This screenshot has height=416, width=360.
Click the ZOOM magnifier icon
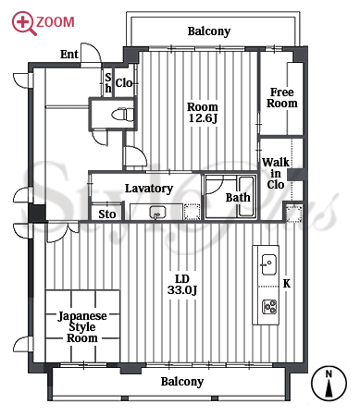(x=23, y=22)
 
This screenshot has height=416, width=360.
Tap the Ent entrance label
(x=69, y=55)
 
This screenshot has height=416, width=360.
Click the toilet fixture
(x=123, y=115)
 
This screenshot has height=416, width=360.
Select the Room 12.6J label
(x=203, y=112)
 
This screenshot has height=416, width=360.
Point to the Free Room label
(x=282, y=97)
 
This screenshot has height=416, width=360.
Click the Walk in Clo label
(x=276, y=173)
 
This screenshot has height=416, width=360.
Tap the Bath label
(x=238, y=198)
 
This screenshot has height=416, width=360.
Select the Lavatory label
(x=149, y=189)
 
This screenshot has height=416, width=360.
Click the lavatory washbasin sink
(x=157, y=213)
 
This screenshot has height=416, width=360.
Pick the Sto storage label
(x=107, y=214)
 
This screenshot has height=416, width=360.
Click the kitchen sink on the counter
(x=268, y=264)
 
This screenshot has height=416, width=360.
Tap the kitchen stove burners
(x=269, y=307)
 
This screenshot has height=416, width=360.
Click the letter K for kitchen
(x=287, y=284)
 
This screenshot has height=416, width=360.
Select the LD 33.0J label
(x=182, y=284)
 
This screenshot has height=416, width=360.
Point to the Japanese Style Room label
(x=82, y=326)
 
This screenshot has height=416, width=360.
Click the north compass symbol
(x=329, y=384)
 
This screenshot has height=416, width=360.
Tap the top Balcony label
(x=209, y=31)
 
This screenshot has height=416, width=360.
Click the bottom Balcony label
(x=182, y=382)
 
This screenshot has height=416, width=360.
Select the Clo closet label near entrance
(x=124, y=83)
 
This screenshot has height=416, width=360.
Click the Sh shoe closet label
(x=108, y=82)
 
